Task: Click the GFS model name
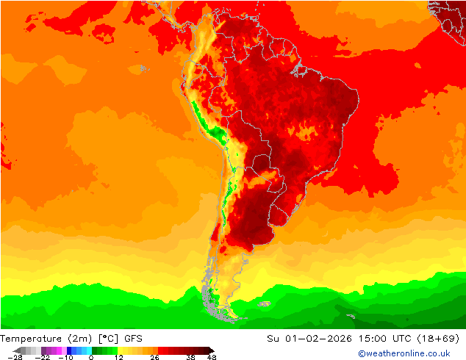[x=133, y=339]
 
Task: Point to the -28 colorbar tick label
[x=14, y=357]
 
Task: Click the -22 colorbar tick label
[x=42, y=357]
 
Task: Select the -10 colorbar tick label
[x=65, y=357]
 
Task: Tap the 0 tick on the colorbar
[x=91, y=357]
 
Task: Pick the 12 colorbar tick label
[x=118, y=357]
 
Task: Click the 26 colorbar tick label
[x=154, y=357]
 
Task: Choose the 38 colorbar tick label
[x=190, y=357]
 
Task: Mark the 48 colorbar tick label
[x=212, y=357]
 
